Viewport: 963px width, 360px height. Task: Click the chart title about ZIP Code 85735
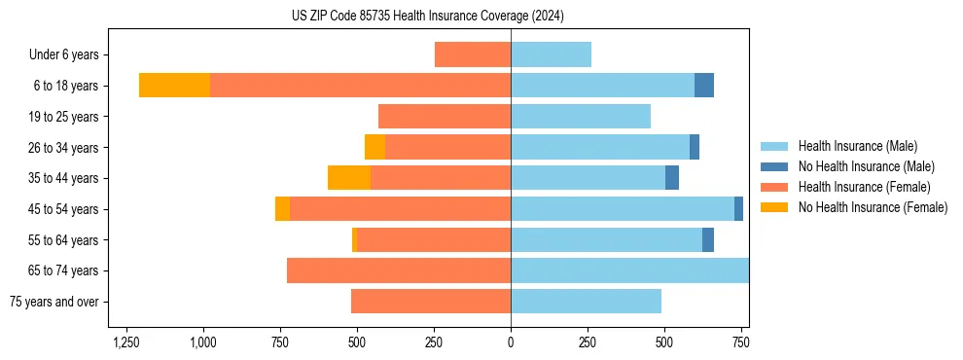point(427,16)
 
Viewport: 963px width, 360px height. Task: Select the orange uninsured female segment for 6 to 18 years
point(174,86)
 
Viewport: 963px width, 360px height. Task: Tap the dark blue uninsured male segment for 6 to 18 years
point(704,86)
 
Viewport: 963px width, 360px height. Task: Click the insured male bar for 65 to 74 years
point(629,270)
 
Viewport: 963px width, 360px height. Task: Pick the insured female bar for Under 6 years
point(472,54)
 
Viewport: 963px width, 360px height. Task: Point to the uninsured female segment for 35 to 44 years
point(349,178)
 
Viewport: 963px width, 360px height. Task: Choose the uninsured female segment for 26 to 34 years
point(374,147)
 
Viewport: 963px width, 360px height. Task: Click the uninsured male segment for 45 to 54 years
point(738,208)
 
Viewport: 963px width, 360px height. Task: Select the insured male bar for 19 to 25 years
point(581,117)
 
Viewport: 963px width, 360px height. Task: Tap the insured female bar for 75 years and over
point(431,302)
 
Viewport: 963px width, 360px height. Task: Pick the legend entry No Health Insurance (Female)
point(873,207)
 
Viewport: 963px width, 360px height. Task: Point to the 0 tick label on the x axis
point(511,343)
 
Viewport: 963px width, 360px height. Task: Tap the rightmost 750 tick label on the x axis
point(741,343)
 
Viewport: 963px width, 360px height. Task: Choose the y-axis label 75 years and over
point(54,302)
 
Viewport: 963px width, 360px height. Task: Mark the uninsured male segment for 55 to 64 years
point(708,239)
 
